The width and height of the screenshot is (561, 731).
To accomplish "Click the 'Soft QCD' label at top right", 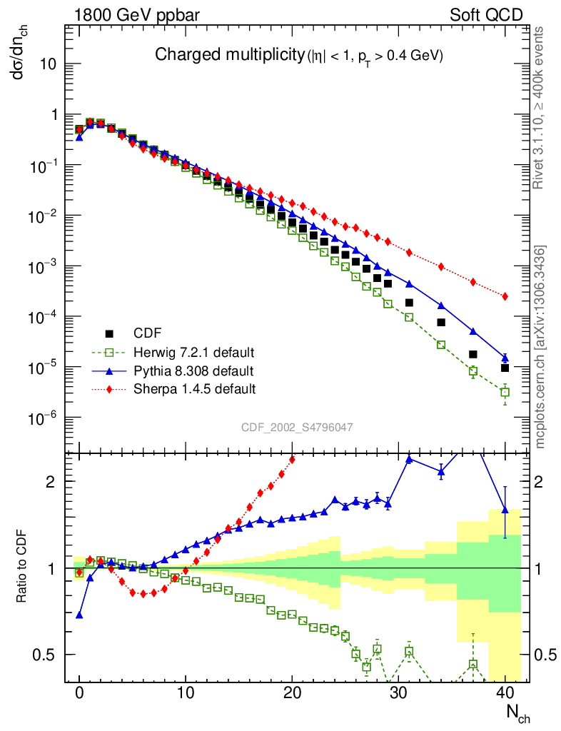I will pyautogui.click(x=486, y=14).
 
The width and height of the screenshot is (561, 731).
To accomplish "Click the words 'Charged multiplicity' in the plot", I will pyautogui.click(x=230, y=55).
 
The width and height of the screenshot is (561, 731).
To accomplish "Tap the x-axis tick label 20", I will pyautogui.click(x=292, y=692).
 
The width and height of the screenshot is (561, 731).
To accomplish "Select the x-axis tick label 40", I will pyautogui.click(x=505, y=692).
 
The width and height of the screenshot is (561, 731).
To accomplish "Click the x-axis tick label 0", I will pyautogui.click(x=79, y=692).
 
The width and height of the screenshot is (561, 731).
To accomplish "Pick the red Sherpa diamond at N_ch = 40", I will pyautogui.click(x=505, y=296).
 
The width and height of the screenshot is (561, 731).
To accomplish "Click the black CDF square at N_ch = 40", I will pyautogui.click(x=505, y=368).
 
